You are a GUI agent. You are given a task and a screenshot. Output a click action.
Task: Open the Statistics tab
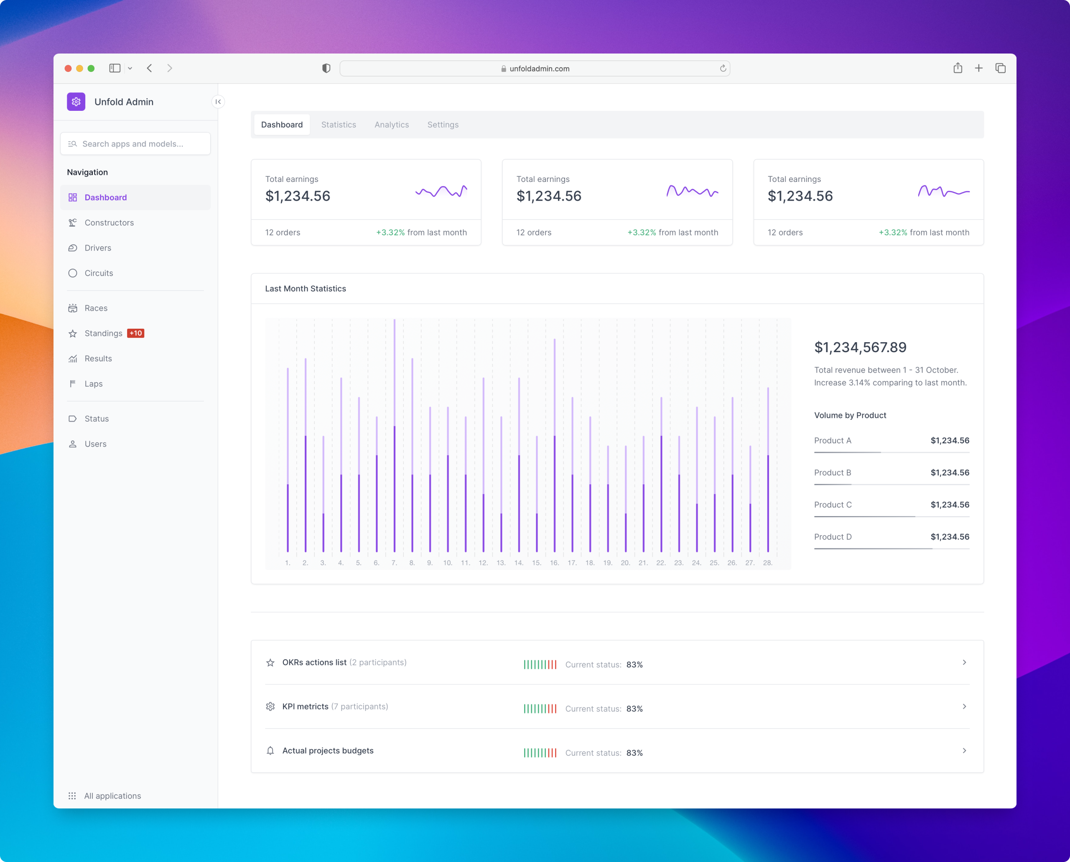(339, 125)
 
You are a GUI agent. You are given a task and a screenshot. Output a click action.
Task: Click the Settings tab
(443, 125)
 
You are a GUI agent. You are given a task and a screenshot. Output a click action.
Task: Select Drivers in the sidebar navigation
(98, 248)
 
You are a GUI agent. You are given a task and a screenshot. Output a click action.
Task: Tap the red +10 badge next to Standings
(135, 333)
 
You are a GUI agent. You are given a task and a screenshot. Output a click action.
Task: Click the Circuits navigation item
(99, 273)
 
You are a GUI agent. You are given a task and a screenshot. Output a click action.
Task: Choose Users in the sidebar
(95, 444)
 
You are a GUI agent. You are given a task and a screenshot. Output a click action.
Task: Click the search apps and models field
(135, 143)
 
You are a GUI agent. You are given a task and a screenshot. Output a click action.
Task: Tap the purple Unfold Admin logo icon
(76, 102)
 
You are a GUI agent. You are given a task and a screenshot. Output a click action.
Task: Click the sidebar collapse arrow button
(218, 102)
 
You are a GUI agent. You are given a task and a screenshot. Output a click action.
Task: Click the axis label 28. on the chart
(767, 563)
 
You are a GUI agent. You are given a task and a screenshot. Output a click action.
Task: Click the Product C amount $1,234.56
(949, 504)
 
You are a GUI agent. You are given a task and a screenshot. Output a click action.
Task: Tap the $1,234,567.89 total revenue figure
(860, 347)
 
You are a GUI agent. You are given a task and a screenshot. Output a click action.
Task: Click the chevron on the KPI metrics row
(964, 706)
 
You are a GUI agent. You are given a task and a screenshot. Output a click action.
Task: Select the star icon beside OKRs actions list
(270, 662)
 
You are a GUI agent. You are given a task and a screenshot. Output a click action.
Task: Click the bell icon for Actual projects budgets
(270, 750)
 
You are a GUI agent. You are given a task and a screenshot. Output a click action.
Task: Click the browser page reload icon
(723, 69)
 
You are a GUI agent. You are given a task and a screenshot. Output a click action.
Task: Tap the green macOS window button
(91, 69)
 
